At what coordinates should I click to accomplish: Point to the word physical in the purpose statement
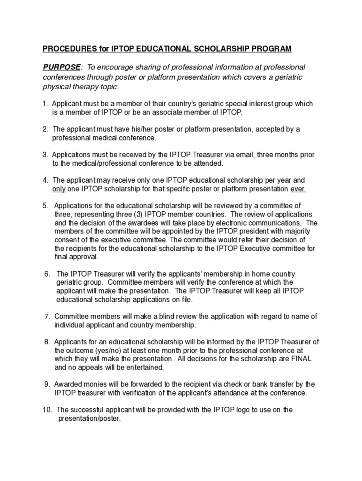tap(56, 87)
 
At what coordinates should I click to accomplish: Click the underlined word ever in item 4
tap(298, 189)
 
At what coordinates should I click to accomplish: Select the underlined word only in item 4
tap(59, 189)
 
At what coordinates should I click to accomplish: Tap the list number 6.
tap(47, 274)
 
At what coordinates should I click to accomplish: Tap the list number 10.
tap(47, 410)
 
